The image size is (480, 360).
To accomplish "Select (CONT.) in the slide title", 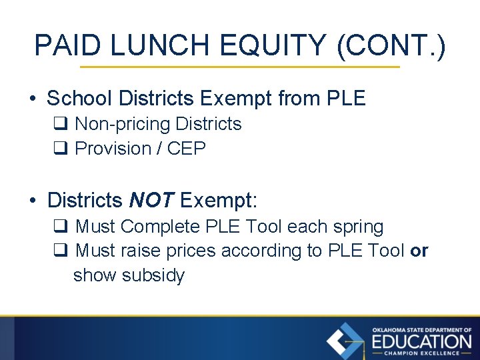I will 391,45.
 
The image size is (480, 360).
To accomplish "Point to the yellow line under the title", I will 239,67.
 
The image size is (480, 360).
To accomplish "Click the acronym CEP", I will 187,149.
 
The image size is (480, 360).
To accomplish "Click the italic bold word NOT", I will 151,199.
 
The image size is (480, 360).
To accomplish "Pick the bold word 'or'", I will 420,251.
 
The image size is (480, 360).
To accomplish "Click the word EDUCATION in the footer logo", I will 421,342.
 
